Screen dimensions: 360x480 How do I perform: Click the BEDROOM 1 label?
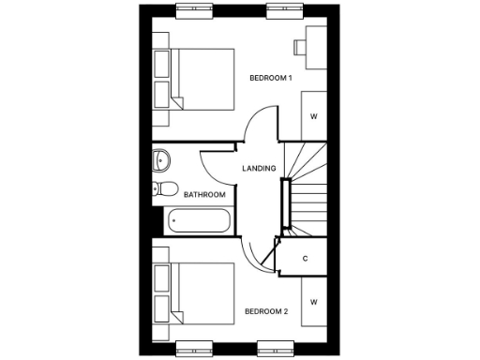point(269,78)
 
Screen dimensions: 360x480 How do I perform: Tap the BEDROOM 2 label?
point(266,311)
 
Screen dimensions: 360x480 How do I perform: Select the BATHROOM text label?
point(204,195)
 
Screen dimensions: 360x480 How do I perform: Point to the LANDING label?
point(259,169)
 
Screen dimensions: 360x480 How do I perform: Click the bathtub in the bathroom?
point(198,223)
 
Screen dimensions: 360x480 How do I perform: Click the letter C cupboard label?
point(306,258)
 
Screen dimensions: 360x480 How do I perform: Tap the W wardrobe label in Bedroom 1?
point(314,116)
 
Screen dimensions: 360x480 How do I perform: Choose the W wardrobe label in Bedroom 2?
point(314,302)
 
